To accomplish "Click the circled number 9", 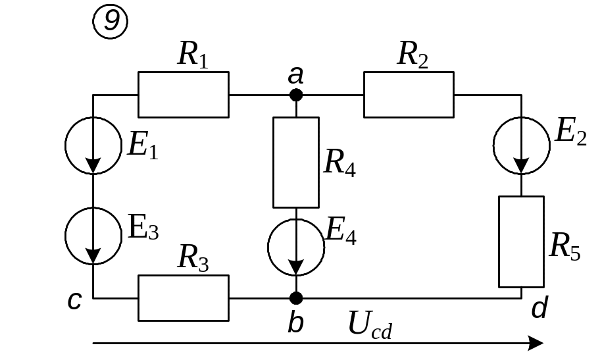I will tap(111, 22).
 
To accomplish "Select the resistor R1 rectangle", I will tap(183, 95).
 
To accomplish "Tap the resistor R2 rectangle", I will tap(408, 95).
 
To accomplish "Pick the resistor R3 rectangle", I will tap(183, 298).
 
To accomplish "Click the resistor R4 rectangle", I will tap(296, 163).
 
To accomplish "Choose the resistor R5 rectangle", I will tap(522, 242).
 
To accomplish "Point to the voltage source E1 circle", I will tap(93, 145).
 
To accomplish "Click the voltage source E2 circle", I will tap(522, 146).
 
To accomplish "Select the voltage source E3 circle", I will tap(93, 236).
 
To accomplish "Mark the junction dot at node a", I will tap(296, 95).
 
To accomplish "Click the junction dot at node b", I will tap(296, 298).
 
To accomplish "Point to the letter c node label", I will tap(74, 301).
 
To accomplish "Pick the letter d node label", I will tap(539, 307).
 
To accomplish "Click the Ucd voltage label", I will tap(370, 325).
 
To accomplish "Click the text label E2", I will tap(570, 133).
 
